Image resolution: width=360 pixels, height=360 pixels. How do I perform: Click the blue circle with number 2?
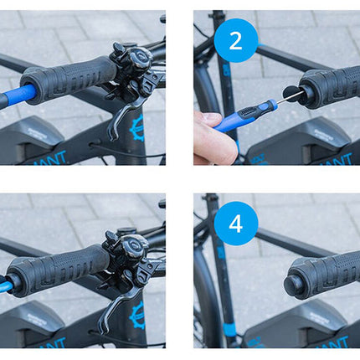tap(236, 40)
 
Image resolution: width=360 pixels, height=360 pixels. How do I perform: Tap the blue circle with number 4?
tap(236, 224)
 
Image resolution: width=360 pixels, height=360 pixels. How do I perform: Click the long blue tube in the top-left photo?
tap(17, 93)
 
